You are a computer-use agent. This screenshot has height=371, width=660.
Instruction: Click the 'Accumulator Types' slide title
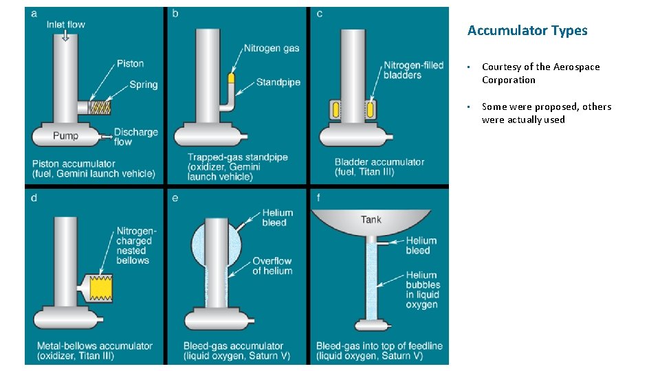527,30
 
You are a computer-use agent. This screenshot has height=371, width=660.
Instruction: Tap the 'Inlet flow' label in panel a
65,25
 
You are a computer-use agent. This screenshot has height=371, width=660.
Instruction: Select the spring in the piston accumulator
100,108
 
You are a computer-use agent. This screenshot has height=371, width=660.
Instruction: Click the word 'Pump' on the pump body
65,135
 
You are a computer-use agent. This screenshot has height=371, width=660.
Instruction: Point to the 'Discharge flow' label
135,137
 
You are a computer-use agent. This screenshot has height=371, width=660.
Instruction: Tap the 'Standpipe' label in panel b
278,82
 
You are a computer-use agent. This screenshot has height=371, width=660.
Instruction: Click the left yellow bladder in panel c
335,109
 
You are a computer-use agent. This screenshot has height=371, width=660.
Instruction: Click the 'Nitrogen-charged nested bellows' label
133,246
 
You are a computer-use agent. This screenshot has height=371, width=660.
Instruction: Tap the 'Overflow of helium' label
272,266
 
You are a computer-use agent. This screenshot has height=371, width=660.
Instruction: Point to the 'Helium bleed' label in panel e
277,218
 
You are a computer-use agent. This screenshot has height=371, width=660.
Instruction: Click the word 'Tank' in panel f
371,220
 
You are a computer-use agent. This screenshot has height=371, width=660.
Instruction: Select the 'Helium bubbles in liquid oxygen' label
423,289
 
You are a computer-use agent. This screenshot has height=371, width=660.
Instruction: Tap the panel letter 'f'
318,198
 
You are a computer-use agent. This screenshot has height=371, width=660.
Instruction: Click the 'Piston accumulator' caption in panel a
93,168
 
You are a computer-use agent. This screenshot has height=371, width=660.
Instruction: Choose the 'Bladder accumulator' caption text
379,167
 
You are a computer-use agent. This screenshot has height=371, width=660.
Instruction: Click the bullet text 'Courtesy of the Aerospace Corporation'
540,73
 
